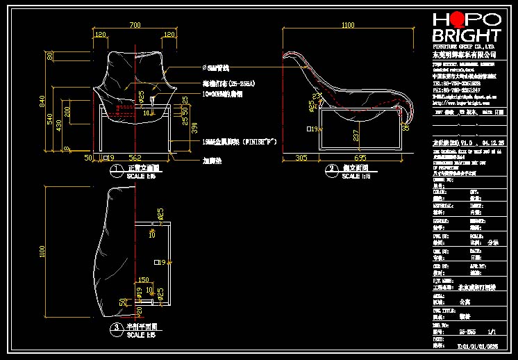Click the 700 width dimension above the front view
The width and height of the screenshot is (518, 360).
pos(135,25)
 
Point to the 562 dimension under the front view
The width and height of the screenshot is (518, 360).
pos(135,158)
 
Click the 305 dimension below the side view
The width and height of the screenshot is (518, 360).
pos(301,158)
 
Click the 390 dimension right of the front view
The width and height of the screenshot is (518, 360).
pos(195,128)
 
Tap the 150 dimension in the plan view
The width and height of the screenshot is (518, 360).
pos(144,280)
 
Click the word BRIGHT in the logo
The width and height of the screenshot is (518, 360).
pos(466,35)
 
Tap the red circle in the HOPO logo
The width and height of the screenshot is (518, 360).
pos(459,19)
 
